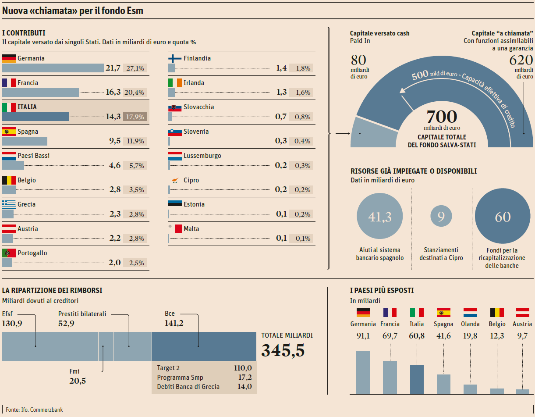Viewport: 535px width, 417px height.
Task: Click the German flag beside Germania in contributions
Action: coord(9,58)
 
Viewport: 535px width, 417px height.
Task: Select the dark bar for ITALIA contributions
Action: coord(35,117)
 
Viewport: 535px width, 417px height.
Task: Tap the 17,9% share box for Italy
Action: coord(135,117)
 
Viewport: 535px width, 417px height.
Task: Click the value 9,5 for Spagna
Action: coord(114,141)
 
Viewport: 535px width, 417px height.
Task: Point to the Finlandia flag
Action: coord(175,58)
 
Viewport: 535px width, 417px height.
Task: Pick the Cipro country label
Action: coord(191,180)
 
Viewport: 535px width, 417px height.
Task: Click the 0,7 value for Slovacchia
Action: coord(281,117)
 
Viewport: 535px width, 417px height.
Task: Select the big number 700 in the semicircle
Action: coord(442,117)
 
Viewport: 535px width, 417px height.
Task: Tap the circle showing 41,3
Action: coord(380,217)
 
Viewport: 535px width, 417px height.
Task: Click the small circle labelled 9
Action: coord(441,217)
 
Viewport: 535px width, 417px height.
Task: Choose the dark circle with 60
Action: coord(503,217)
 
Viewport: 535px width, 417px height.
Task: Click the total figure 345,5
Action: coord(283,351)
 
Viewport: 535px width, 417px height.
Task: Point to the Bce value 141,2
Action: coord(174,323)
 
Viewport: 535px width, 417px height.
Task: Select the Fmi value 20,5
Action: coord(78,381)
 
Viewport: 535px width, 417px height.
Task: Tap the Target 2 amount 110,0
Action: coord(243,368)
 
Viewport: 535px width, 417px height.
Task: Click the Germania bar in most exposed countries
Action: coord(363,372)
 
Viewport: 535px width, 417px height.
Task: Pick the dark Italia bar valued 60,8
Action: coord(417,379)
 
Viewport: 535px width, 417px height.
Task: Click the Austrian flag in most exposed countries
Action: coord(522,313)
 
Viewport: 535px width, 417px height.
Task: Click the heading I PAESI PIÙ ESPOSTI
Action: coord(382,290)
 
